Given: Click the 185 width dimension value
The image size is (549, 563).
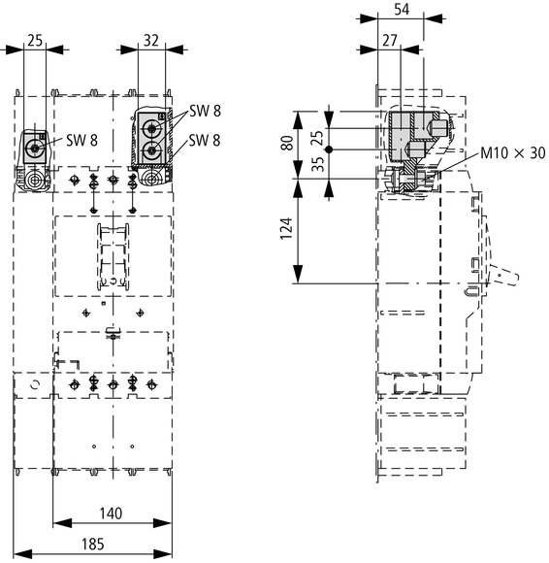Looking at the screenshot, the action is coord(93,544).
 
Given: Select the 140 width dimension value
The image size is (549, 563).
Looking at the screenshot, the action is coord(111,513).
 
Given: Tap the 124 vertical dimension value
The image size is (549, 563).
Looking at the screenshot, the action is coord(286,228).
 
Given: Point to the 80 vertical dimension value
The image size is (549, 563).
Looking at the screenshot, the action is coord(287,143).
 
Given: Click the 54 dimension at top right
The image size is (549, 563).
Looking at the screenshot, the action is coord(402,10).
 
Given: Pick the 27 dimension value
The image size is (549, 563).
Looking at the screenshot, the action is coord(390,41).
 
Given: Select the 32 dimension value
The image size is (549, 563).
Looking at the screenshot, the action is coord(150,41).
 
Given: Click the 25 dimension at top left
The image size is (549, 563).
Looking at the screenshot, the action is coord(35,41).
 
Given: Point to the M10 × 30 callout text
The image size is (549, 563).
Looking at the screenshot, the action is coord(513,153).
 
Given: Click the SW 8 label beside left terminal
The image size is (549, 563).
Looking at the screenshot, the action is coord(81,140).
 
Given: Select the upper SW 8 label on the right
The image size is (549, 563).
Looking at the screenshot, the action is coord(205,111).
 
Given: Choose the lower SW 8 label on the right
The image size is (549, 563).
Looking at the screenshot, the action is coord(205,140).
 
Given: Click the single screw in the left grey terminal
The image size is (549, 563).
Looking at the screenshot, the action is coord(35,148).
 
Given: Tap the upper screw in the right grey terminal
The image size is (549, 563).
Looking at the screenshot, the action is coord(152,128).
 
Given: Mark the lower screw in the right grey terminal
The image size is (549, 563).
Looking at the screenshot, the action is coord(152,150).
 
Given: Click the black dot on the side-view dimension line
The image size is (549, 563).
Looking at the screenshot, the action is coord(329,149).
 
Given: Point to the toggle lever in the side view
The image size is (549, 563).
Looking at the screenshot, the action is coord(503,275).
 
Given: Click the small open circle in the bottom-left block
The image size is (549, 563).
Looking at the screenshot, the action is coord(35,385).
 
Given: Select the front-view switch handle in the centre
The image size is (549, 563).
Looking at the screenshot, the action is coord(113,256).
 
